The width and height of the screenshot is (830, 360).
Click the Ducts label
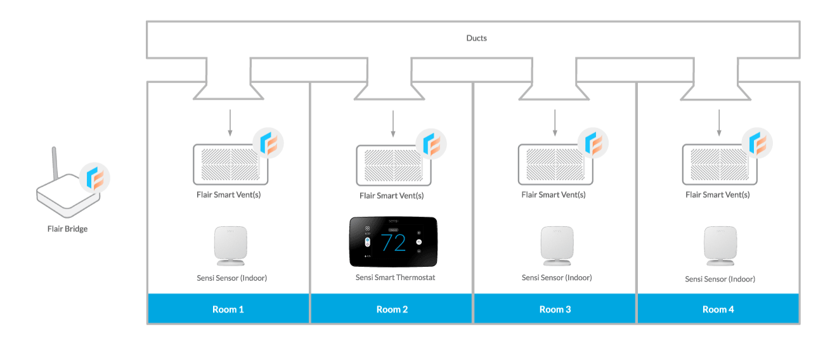476,38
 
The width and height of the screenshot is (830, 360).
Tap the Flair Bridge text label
67,229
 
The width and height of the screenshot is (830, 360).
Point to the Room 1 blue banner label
228,309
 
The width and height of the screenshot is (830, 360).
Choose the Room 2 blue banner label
392,309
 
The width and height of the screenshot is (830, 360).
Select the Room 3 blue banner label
555,309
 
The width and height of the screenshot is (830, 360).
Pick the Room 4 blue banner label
718,309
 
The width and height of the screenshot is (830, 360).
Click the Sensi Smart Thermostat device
392,242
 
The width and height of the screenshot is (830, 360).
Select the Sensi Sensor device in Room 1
229,246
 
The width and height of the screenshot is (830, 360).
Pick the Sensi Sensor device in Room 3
556,246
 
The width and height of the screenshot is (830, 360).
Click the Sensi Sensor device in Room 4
720,246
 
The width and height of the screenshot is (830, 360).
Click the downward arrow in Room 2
393,123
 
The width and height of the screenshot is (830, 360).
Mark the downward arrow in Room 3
555,123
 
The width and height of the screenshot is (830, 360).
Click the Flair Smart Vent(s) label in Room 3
554,195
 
